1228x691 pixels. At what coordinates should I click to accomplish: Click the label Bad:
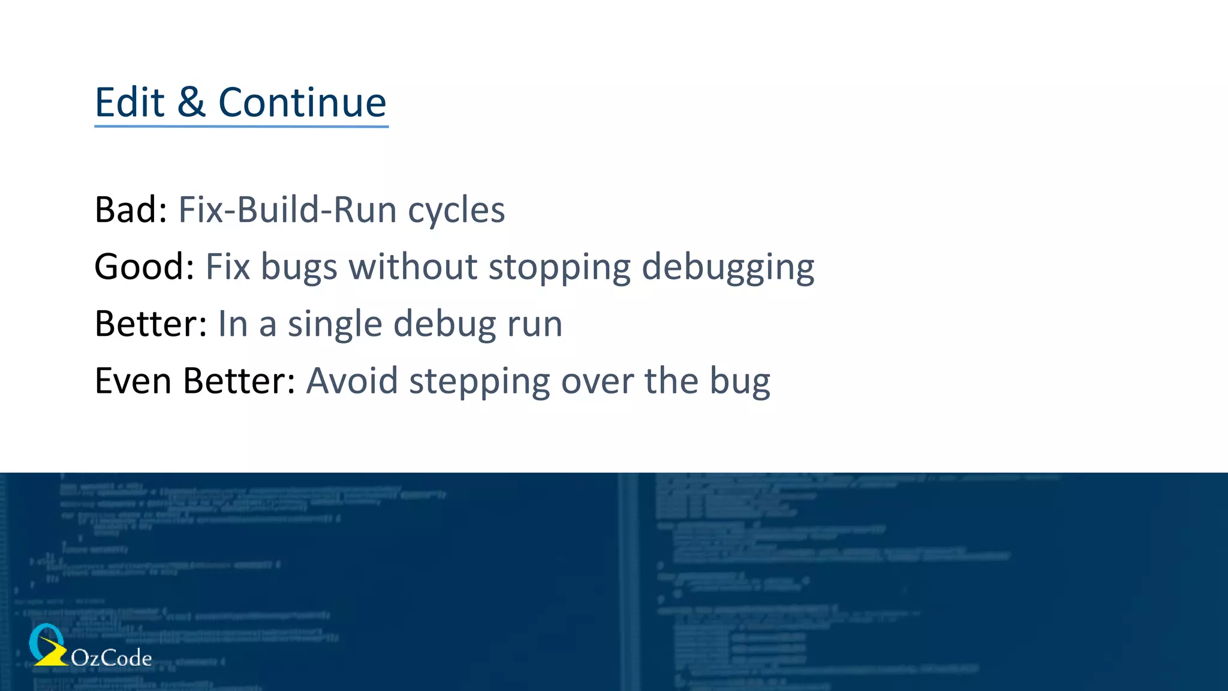coord(131,210)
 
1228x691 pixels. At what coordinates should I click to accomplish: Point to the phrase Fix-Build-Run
coord(287,210)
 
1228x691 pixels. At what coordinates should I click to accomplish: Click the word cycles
coord(456,211)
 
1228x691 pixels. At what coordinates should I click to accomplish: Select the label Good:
coord(144,267)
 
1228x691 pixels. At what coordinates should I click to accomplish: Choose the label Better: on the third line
coord(151,324)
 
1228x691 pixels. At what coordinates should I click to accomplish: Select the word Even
coord(133,381)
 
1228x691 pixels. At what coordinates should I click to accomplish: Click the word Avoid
coord(352,381)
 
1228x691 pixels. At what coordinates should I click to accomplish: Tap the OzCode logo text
coord(111,658)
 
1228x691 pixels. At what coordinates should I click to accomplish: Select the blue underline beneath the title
coord(241,126)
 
